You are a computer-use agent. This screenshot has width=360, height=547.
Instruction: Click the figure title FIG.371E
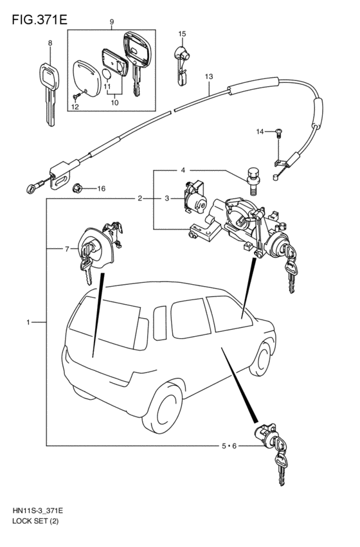[39, 20]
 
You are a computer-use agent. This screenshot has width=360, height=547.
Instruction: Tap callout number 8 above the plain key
[50, 43]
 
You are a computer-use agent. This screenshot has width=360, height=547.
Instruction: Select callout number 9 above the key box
[112, 22]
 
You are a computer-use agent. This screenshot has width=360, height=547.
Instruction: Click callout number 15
[182, 34]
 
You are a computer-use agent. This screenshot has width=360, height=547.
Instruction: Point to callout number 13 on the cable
[208, 76]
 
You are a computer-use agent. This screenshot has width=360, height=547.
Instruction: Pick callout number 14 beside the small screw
[260, 132]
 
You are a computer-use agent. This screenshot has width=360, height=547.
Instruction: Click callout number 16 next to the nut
[101, 189]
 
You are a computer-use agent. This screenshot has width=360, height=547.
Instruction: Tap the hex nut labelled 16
[77, 189]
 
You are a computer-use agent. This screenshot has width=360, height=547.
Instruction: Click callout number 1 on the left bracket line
[28, 322]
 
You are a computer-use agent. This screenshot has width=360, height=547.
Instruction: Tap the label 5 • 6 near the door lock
[230, 446]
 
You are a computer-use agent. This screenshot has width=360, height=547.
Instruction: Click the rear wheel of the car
[163, 408]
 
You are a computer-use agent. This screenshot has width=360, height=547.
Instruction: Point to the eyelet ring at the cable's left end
[30, 189]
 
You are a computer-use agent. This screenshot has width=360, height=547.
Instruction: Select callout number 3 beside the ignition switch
[166, 199]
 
